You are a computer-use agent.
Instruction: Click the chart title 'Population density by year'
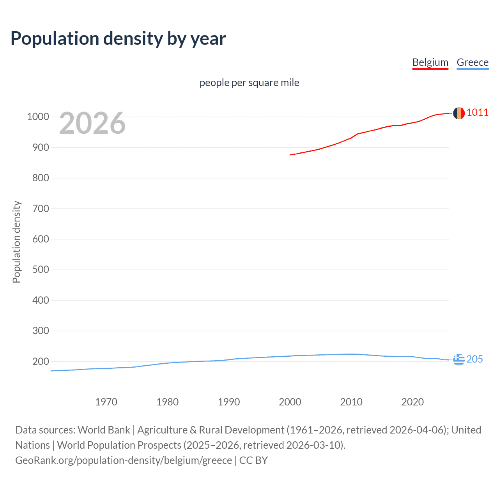click(118, 39)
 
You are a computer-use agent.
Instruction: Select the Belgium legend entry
click(430, 62)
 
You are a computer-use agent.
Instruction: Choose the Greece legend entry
click(472, 62)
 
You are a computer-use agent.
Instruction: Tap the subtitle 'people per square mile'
click(249, 83)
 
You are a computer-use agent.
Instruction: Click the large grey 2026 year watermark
click(92, 123)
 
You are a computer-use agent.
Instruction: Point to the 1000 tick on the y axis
click(38, 117)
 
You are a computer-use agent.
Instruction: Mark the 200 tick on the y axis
click(41, 361)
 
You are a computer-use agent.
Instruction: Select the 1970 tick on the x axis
click(106, 402)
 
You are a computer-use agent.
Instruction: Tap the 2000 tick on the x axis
click(290, 402)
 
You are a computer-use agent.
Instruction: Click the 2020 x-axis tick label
click(412, 402)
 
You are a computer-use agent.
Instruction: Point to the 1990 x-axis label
click(229, 402)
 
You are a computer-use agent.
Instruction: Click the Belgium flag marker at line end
click(458, 113)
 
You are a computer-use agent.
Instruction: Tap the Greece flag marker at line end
click(458, 359)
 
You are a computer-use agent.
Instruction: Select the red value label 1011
click(477, 113)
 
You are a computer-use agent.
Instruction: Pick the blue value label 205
click(474, 359)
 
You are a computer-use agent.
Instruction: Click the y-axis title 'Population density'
click(16, 242)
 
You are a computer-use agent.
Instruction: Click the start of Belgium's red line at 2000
click(290, 155)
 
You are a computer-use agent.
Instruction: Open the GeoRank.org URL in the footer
click(124, 460)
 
